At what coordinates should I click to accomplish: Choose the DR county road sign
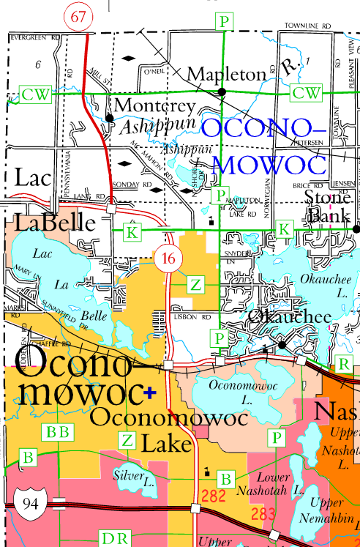click(114, 539)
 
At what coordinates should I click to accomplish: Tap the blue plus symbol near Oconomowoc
click(151, 392)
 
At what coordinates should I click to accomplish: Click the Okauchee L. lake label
click(320, 284)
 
